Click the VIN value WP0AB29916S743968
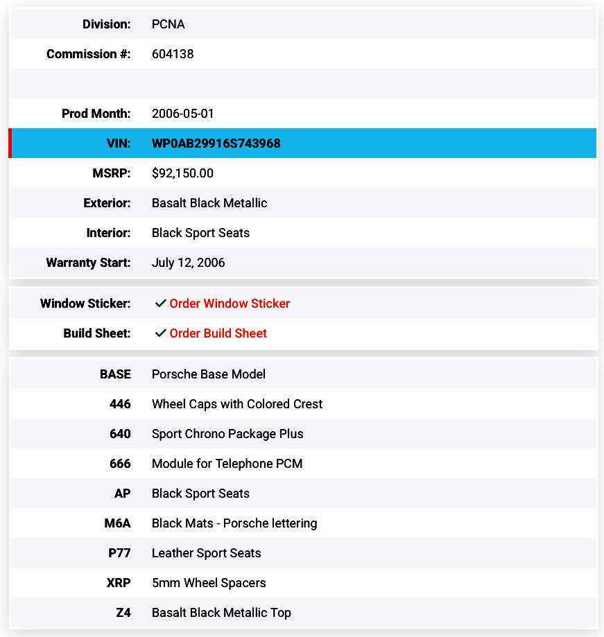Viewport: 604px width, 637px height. pos(216,143)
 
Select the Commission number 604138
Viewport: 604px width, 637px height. pos(173,54)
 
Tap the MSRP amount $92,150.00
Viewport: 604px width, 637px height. pos(182,173)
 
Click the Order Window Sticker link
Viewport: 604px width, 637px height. pos(230,304)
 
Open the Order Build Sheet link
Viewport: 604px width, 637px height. pos(218,333)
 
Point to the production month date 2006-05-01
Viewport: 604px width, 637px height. pos(183,114)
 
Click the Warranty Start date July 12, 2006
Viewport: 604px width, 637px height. pos(188,263)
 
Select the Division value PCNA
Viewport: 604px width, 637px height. pos(168,24)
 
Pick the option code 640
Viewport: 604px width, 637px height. pos(120,434)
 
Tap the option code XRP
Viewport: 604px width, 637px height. pos(119,583)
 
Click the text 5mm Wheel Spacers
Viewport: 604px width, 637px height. pos(209,583)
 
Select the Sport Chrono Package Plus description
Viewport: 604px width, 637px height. pos(227,434)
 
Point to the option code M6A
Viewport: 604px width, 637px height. pos(118,523)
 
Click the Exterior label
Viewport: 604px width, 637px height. pos(107,203)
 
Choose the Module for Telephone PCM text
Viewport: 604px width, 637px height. pos(227,464)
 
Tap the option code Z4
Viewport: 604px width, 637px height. pos(123,613)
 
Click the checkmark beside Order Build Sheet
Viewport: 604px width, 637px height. pos(160,333)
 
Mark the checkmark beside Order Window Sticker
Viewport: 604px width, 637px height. pos(160,304)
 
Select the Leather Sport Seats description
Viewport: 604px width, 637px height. pos(206,553)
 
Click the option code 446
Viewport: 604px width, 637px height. pos(120,404)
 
